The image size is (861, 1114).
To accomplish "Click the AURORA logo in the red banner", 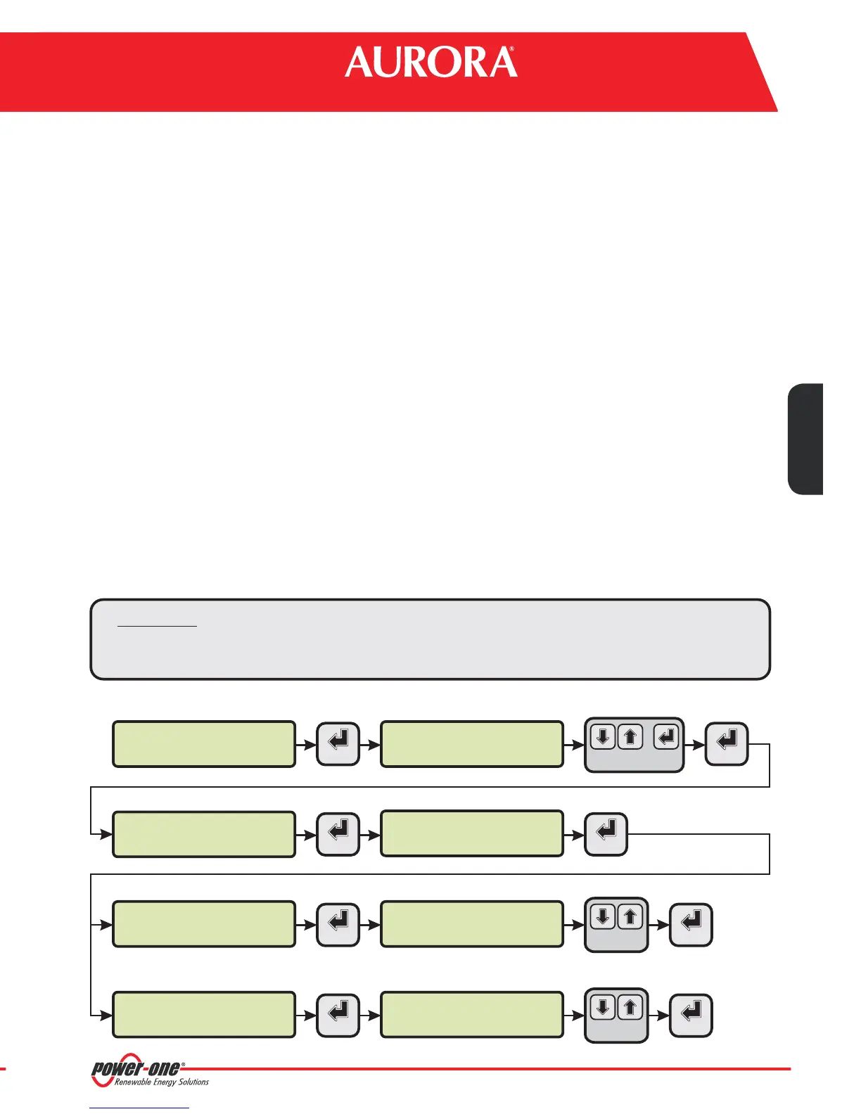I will tap(431, 63).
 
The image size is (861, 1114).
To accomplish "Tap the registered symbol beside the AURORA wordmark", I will tap(511, 51).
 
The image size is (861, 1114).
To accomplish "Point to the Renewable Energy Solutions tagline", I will tap(162, 1082).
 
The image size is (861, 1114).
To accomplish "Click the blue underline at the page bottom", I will tap(140, 1108).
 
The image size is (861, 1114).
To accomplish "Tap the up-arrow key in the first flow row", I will tap(630, 737).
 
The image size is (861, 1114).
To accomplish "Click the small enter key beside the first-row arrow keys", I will tap(667, 737).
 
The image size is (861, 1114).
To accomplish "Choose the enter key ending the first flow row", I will tap(727, 743).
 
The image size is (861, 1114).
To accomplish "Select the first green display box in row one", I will tap(204, 743).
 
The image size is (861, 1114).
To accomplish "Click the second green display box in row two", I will tap(472, 833).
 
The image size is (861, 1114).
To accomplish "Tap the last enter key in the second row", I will tap(606, 833).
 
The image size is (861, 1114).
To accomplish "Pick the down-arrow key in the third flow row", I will tap(603, 917).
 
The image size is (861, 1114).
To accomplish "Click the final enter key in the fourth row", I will tap(691, 1014).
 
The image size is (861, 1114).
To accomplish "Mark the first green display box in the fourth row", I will tap(204, 1014).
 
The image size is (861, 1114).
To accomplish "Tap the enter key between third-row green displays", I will tap(338, 923).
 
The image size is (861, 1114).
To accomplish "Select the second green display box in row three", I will tap(472, 923).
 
